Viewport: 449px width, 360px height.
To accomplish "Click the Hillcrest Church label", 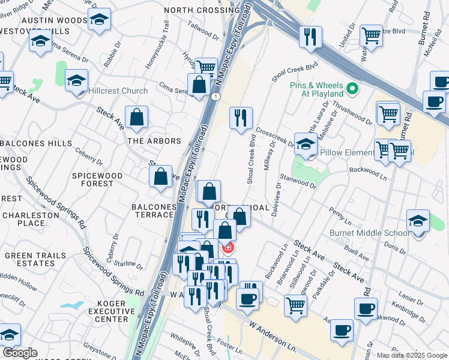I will tap(118, 91).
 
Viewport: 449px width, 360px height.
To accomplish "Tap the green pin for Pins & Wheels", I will tap(352, 90).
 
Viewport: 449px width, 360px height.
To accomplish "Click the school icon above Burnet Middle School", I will tap(418, 220).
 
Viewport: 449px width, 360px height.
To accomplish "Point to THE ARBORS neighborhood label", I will tap(154, 141).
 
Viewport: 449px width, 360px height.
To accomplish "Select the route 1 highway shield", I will tap(215, 97).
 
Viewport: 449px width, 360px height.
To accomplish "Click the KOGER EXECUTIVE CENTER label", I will tap(112, 311).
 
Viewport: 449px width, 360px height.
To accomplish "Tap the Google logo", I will tap(20, 353).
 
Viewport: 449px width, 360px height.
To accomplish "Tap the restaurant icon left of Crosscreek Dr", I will tap(241, 118).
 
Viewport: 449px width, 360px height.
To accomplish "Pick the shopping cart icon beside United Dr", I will tap(371, 36).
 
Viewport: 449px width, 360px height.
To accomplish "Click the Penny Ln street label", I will tap(340, 214).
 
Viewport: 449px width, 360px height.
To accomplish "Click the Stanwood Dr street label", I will tap(298, 182).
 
